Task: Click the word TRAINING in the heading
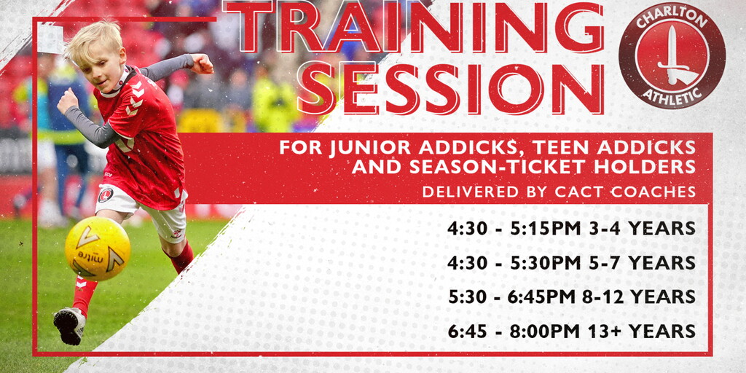pos(413,27)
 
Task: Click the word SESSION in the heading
pos(450,89)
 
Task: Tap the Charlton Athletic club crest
pos(672,55)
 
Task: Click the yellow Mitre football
pos(98,248)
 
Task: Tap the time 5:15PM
pos(545,229)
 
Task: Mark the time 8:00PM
pos(545,331)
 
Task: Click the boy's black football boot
pos(69,326)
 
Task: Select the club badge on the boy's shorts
pos(104,195)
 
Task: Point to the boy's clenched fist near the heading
pos(203,63)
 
